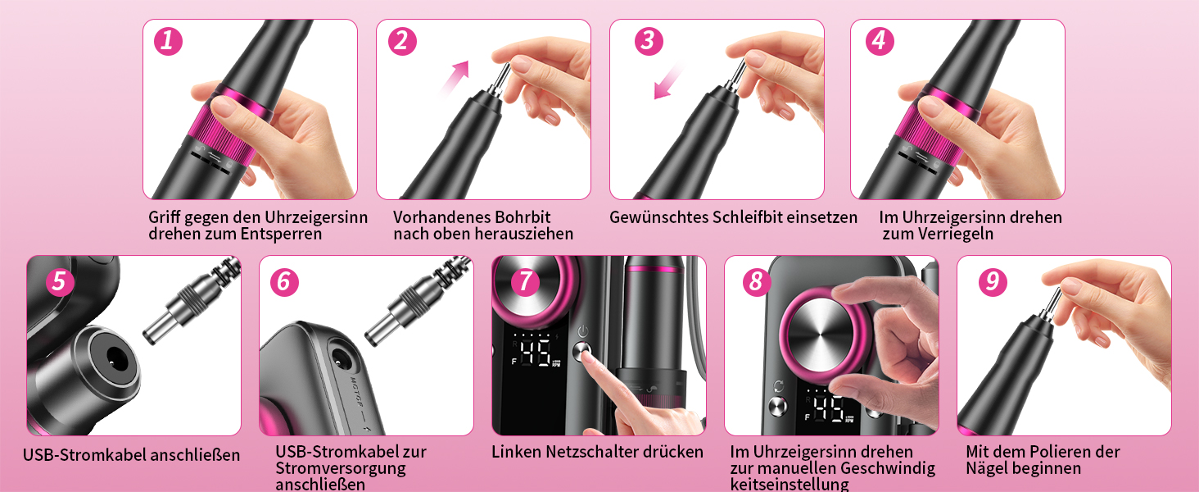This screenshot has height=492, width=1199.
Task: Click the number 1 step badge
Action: [x=168, y=41]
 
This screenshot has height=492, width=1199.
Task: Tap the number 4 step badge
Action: [x=880, y=41]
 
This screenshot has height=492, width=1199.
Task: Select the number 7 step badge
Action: [x=525, y=282]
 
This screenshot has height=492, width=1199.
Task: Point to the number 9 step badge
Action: [x=993, y=282]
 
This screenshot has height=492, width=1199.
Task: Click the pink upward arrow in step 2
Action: [x=455, y=78]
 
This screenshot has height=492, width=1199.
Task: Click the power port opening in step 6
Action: [x=342, y=359]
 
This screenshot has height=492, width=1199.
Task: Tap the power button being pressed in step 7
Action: [x=582, y=351]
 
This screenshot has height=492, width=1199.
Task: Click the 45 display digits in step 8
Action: [x=829, y=410]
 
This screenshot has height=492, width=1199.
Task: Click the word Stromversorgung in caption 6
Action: [x=341, y=468]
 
